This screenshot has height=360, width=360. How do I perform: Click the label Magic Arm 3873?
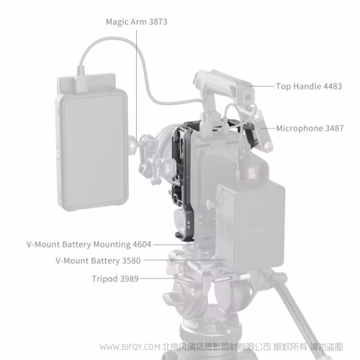coord(136,22)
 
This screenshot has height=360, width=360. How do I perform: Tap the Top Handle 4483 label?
coord(308,86)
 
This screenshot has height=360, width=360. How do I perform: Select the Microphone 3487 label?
coord(309,128)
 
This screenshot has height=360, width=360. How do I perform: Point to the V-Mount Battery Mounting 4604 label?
coord(89,245)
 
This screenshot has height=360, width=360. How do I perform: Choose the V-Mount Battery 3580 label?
coord(98,261)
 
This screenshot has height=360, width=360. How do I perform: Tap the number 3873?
coord(155,22)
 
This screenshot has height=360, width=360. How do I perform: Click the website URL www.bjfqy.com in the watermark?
coord(129,347)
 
